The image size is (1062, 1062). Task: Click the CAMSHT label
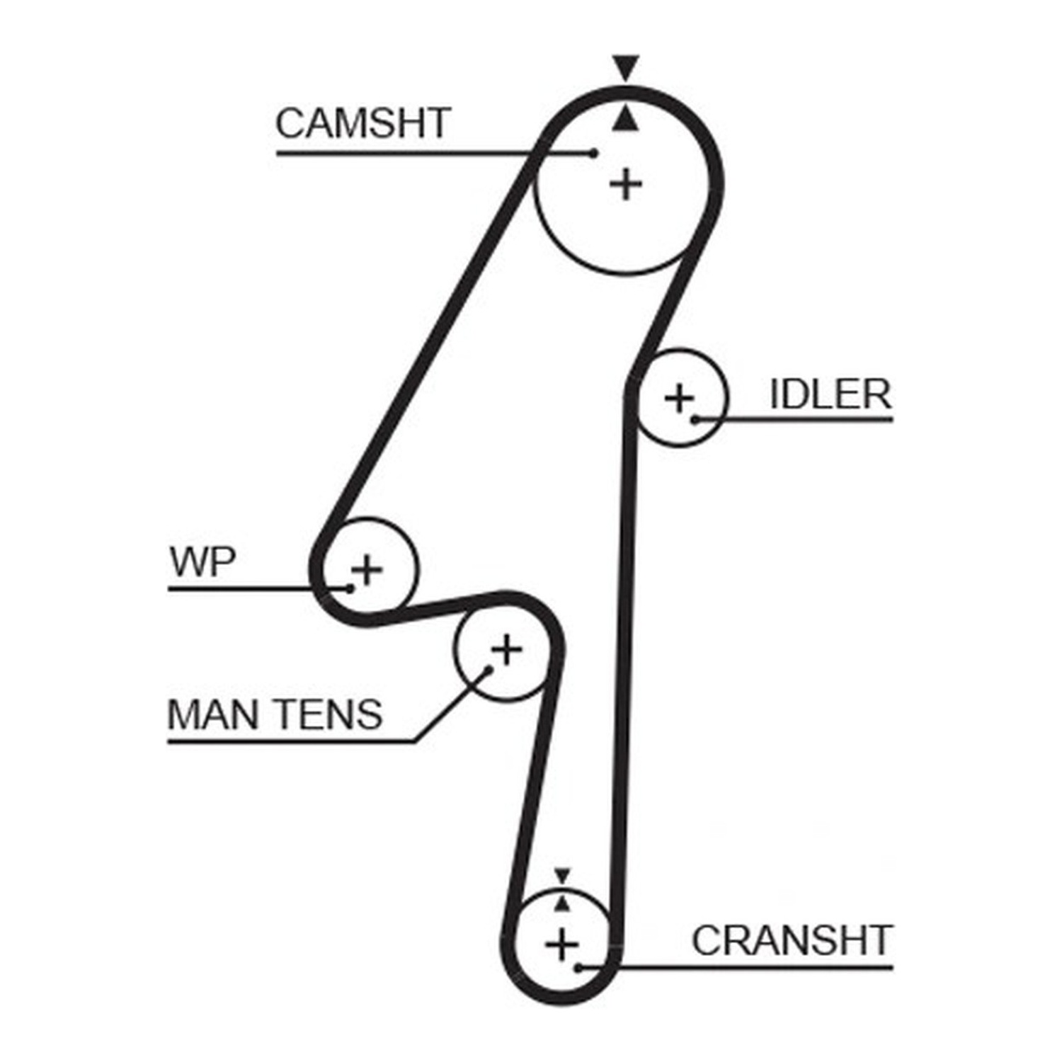point(363,123)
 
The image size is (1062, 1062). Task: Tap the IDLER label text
point(830,394)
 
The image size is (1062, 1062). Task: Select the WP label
point(203,562)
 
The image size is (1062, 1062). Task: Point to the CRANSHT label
point(792,941)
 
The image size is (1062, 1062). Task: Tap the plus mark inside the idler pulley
point(680,399)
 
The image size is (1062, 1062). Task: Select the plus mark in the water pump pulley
point(367,569)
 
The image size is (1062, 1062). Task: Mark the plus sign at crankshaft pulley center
point(562,945)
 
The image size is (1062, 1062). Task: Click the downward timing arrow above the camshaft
point(626,67)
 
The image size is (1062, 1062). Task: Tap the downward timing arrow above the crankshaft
point(562,876)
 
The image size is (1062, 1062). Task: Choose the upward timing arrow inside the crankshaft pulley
point(562,903)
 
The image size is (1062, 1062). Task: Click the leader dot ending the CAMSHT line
point(594,153)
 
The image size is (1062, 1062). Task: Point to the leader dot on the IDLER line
point(695,420)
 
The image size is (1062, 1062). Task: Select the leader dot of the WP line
point(350,588)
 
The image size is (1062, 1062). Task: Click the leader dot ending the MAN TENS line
point(488,669)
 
